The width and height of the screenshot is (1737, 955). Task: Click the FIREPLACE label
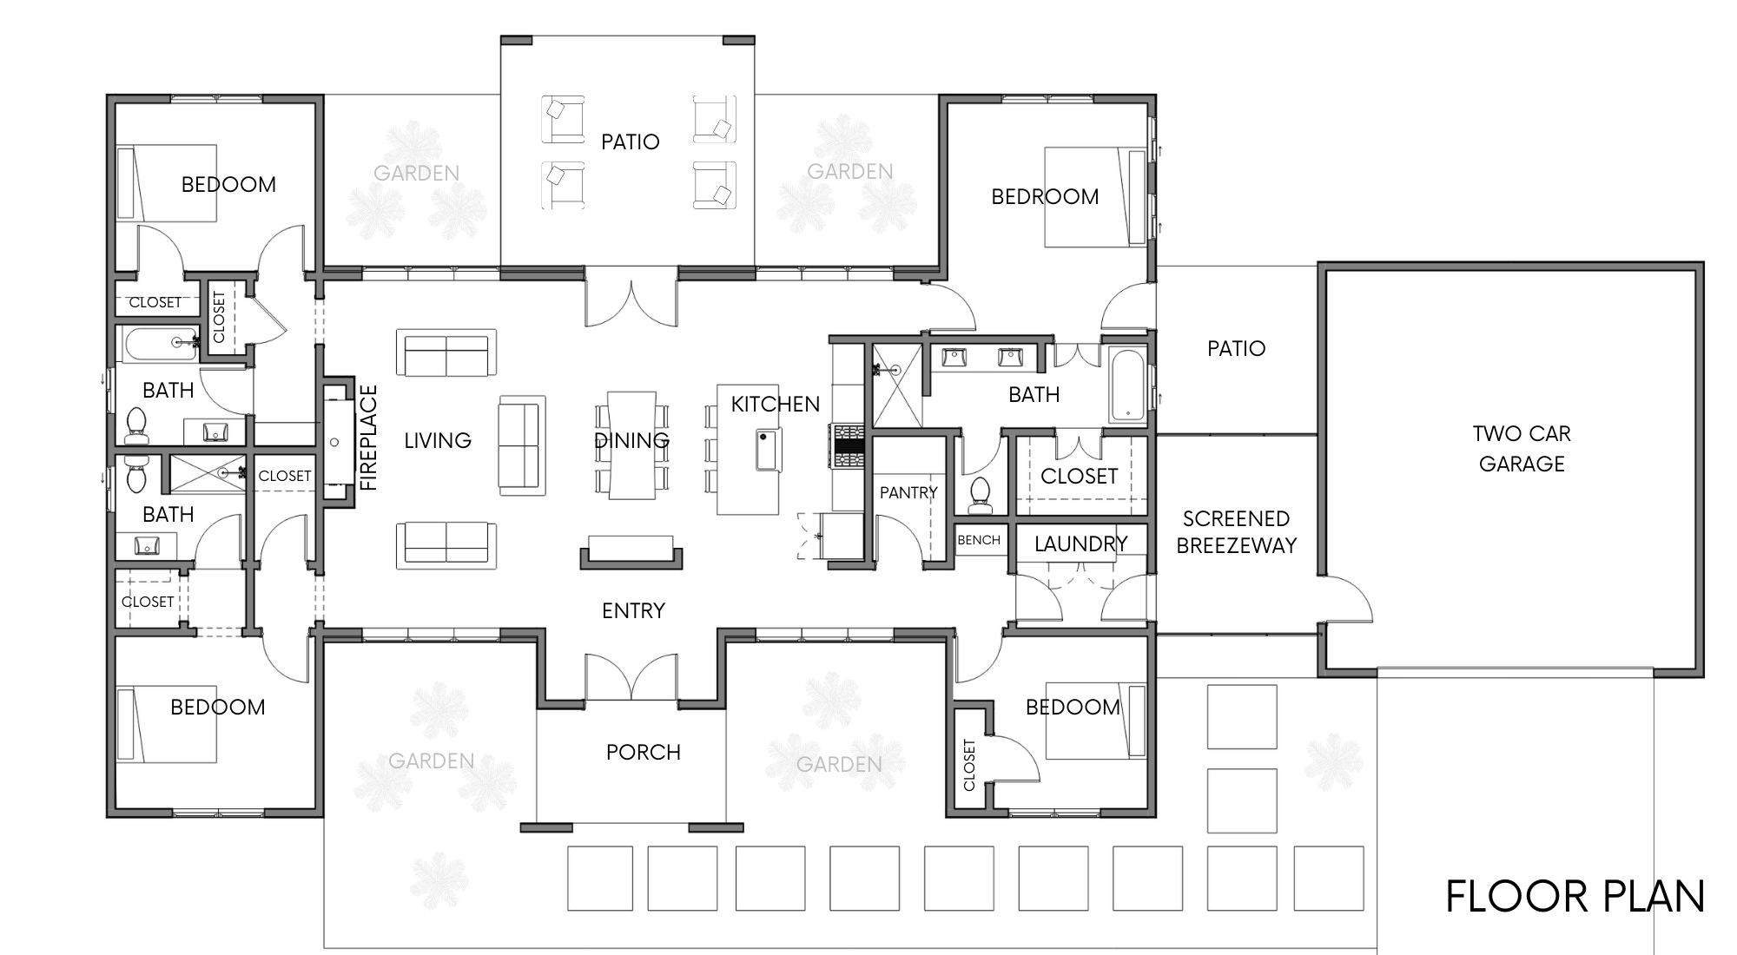(368, 438)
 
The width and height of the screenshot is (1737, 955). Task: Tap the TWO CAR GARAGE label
(1522, 449)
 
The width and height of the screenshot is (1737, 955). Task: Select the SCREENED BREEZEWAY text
(1237, 532)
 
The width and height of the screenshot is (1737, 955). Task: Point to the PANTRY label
(908, 493)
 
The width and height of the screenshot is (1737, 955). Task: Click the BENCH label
(979, 540)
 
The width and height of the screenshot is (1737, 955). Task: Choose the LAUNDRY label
(1081, 544)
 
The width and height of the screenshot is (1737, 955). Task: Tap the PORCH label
(644, 752)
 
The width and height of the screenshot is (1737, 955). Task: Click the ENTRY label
(633, 611)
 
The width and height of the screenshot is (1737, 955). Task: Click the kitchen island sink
(769, 450)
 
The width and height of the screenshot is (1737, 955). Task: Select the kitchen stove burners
(848, 445)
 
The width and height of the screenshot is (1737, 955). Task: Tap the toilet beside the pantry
(981, 492)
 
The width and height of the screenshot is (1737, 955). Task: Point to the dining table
(631, 445)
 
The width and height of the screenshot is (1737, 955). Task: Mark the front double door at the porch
(631, 677)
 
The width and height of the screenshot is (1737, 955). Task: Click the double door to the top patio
(631, 297)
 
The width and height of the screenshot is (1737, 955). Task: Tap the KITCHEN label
(776, 405)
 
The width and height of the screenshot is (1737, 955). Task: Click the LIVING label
(438, 441)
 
